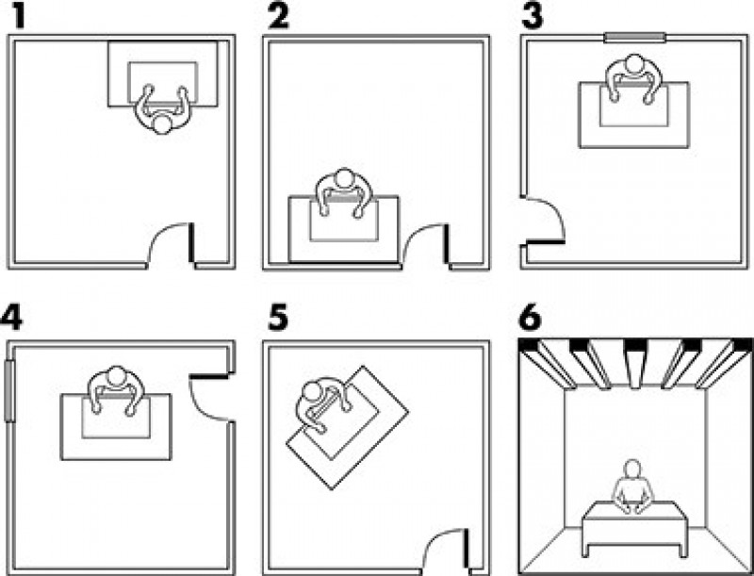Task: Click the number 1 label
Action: [18, 16]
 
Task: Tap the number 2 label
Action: [279, 16]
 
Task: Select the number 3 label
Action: [533, 16]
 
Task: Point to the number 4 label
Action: [11, 318]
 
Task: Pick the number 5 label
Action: [278, 318]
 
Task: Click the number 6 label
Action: [531, 318]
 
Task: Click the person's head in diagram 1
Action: [161, 124]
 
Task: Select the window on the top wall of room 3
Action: [634, 38]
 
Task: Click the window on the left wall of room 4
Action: [9, 390]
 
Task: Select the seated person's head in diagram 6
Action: [632, 469]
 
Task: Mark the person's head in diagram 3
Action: [634, 64]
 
